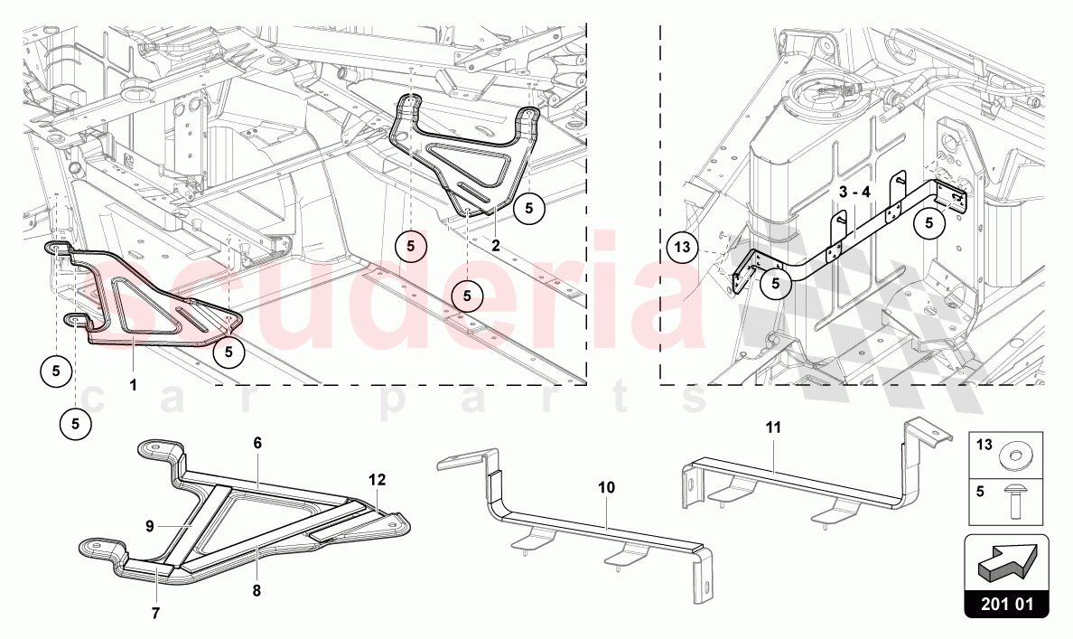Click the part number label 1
click(x=133, y=384)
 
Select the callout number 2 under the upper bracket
click(x=496, y=244)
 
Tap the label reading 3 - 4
click(x=854, y=193)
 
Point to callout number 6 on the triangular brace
click(x=257, y=443)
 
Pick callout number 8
click(x=257, y=590)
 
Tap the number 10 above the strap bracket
click(x=605, y=487)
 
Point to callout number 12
click(x=377, y=479)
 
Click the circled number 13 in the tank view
click(x=684, y=246)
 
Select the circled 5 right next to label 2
click(x=529, y=207)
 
